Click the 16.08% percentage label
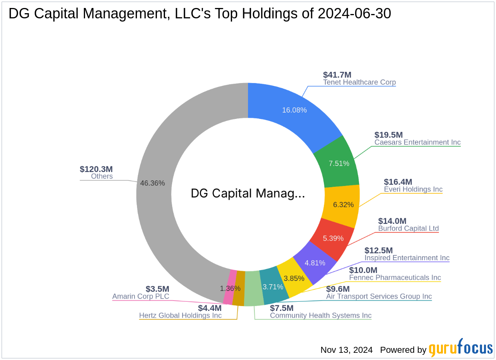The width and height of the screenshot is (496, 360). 294,110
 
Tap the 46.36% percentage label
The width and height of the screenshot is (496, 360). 153,183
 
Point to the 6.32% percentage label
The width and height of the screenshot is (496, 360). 343,205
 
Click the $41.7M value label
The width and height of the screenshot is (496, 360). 337,75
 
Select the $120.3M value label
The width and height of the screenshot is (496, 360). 96,169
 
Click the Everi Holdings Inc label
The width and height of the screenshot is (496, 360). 413,189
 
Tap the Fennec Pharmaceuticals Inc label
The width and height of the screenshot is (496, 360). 395,277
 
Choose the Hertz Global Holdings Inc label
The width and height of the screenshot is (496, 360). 180,315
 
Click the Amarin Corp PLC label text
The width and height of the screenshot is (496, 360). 140,296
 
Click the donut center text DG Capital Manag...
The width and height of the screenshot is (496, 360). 248,193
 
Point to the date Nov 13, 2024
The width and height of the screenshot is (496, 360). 346,350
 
